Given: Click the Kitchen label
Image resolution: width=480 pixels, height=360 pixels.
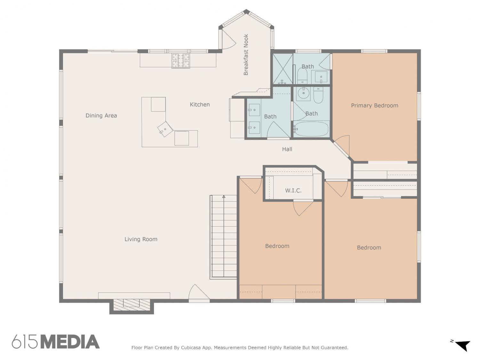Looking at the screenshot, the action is point(199,105).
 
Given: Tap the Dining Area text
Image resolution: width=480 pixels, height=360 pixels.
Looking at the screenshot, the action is point(101,116).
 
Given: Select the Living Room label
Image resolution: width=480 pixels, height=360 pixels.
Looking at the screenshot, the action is point(141,239).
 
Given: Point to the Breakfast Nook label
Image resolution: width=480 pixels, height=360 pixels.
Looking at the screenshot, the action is point(246,55).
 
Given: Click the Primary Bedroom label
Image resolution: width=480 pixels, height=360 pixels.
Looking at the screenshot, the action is point(374,106).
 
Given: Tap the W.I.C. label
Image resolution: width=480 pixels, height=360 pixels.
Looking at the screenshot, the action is point(293,191).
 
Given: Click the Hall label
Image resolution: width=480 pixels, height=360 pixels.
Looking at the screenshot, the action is point(287,149).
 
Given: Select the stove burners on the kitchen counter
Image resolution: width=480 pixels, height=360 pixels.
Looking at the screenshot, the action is point(180,61).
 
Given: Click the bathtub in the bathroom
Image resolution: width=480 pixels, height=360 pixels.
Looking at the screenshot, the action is point(311,129).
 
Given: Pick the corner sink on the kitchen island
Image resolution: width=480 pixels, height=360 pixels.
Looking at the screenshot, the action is point(165,129).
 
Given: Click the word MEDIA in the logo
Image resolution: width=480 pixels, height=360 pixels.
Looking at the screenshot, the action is point(70,342).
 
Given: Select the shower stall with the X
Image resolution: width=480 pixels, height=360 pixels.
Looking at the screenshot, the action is point(283,69).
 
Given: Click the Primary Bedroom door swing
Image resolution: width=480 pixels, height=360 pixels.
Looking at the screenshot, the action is point(341,145).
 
